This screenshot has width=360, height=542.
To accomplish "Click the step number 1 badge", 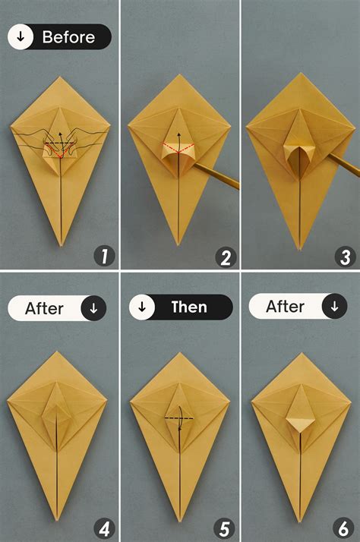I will click(104, 257).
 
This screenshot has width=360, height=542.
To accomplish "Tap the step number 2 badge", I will click(225, 257).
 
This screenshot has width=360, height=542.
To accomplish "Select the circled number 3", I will click(345, 257).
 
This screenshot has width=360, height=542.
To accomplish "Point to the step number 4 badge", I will click(104, 527).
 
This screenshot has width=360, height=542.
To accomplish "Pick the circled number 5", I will click(225, 527).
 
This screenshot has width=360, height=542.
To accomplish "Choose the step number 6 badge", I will click(345, 527).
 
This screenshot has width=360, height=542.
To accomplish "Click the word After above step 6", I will click(286, 307).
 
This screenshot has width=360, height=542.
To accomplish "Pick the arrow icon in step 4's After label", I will click(93, 308).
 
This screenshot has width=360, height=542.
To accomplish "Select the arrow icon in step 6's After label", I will click(333, 307).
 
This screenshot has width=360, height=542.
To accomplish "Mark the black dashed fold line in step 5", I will click(179, 418).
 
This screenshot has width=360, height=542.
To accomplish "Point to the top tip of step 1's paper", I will click(60, 77).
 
